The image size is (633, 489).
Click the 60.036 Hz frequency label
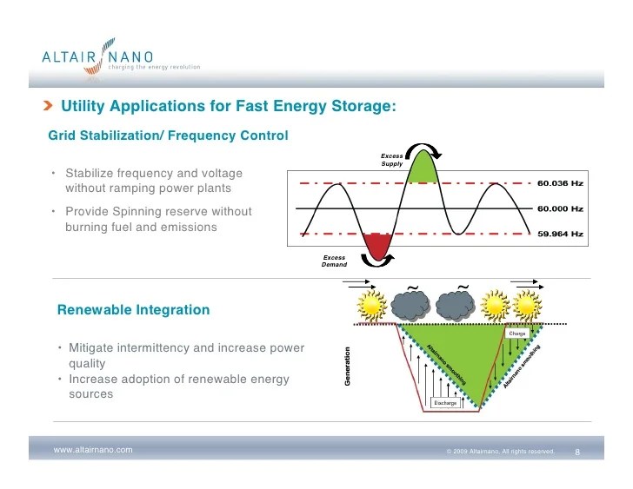(x=559, y=183)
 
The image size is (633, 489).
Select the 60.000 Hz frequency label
(x=559, y=208)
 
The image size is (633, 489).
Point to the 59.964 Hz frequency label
(x=559, y=234)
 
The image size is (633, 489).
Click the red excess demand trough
(x=376, y=244)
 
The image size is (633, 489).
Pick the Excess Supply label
(x=391, y=160)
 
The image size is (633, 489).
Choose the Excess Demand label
(x=334, y=261)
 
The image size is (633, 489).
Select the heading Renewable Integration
(x=133, y=309)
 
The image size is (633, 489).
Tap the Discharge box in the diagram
(x=444, y=402)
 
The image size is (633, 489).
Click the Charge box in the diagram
(x=518, y=333)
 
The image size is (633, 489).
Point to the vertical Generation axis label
(x=348, y=367)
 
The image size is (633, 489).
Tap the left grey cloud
(x=410, y=304)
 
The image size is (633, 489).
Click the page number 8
(x=577, y=452)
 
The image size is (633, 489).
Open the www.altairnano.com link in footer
(x=93, y=450)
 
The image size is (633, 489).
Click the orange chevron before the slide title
(x=48, y=107)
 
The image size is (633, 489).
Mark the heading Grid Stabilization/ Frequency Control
(x=168, y=135)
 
